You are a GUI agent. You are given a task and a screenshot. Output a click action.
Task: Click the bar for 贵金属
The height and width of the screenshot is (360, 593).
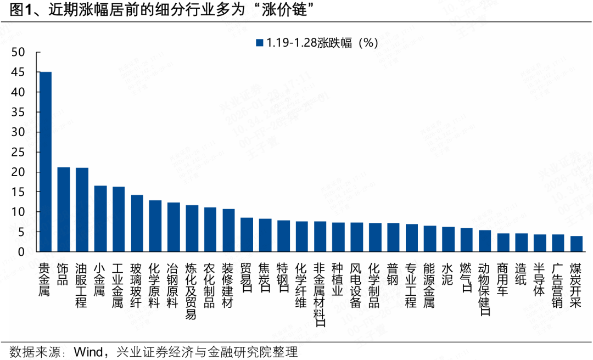(x=46, y=162)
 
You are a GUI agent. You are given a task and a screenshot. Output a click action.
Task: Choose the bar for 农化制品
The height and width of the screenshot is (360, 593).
(x=210, y=229)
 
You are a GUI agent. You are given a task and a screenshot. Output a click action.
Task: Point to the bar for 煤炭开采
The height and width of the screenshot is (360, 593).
(x=576, y=244)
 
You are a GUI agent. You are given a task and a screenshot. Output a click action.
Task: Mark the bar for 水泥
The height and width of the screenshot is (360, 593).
(x=448, y=239)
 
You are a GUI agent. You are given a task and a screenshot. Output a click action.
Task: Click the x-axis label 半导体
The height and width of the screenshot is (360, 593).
(x=539, y=280)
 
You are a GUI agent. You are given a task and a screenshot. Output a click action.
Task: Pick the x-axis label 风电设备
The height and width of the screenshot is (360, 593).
(x=356, y=285)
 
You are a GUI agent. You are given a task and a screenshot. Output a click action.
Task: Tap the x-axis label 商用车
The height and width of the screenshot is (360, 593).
(x=503, y=280)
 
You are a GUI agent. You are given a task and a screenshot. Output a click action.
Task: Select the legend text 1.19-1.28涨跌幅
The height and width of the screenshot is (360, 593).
(x=307, y=43)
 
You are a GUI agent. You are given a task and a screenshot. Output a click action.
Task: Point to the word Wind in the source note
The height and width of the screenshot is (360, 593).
(x=87, y=351)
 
